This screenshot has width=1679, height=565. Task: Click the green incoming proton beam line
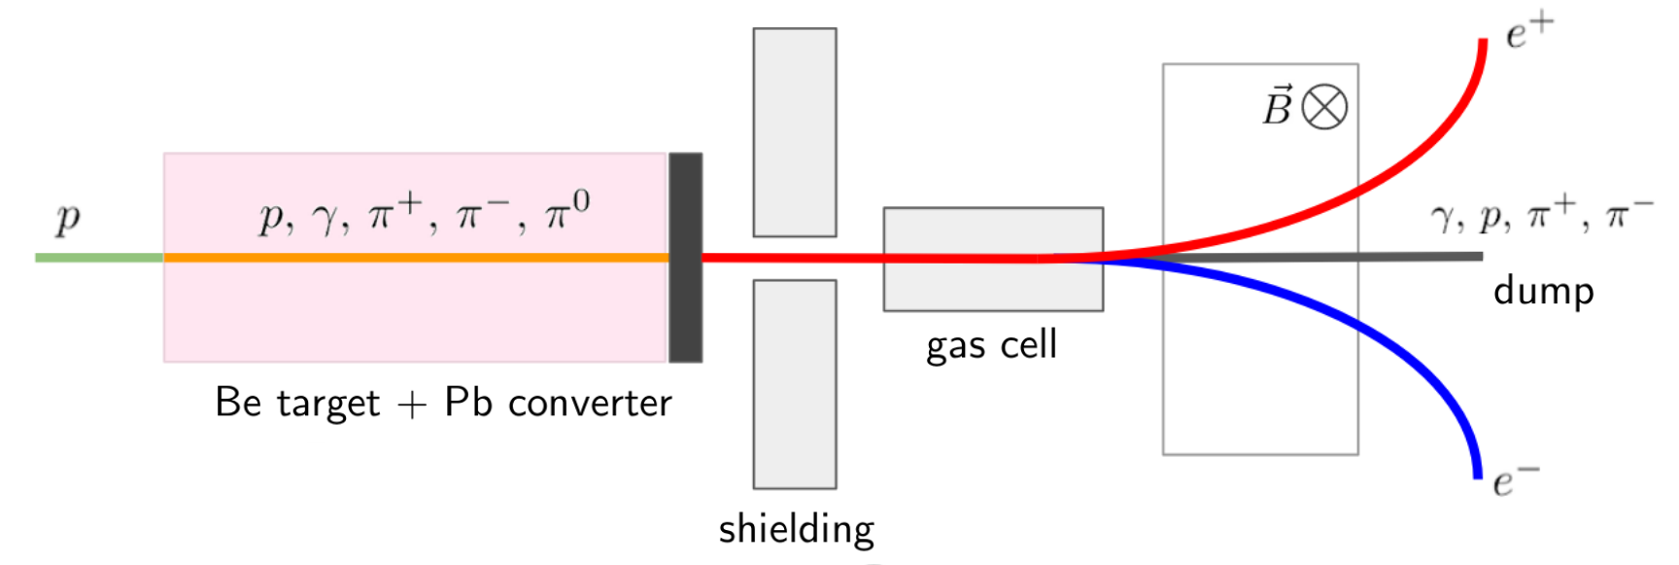97,258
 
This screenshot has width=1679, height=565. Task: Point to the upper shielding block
794,132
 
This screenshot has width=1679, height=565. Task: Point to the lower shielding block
794,384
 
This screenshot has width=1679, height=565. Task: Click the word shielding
796,529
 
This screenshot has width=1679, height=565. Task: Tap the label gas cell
991,345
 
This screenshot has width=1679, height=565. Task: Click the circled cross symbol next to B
1324,107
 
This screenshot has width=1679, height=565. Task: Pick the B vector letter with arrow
1277,107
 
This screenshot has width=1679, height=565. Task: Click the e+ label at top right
1528,31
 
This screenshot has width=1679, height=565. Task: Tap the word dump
1543,291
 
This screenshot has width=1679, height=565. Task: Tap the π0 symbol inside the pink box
566,211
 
